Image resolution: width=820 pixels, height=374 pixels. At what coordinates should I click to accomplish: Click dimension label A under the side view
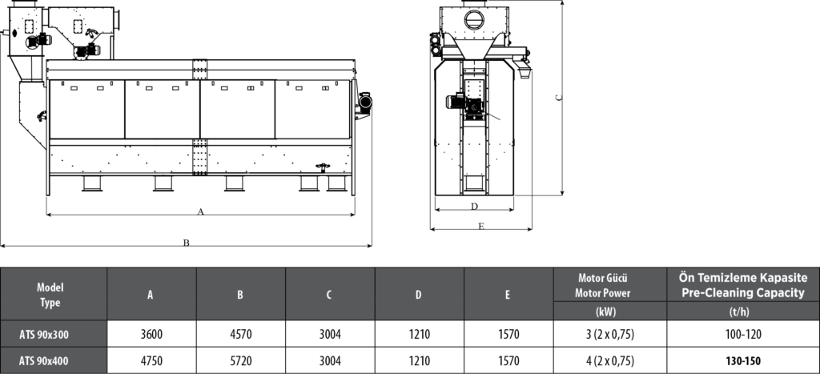[200, 212]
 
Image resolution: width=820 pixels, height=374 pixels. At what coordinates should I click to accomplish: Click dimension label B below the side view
[186, 243]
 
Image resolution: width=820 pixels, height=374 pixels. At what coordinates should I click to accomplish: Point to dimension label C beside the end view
[559, 97]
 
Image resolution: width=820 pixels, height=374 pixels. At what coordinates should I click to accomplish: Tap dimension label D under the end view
[474, 206]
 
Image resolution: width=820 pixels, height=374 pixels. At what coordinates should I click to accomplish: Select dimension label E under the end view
[481, 226]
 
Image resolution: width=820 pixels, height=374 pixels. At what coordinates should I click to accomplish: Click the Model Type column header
[50, 295]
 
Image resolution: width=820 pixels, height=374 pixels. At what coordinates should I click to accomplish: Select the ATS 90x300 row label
[44, 335]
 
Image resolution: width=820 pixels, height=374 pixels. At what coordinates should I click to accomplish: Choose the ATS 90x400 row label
[44, 361]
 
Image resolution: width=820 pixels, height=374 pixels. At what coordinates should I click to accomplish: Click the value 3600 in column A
[151, 334]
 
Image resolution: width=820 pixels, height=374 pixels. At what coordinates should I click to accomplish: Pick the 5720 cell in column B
[240, 361]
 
